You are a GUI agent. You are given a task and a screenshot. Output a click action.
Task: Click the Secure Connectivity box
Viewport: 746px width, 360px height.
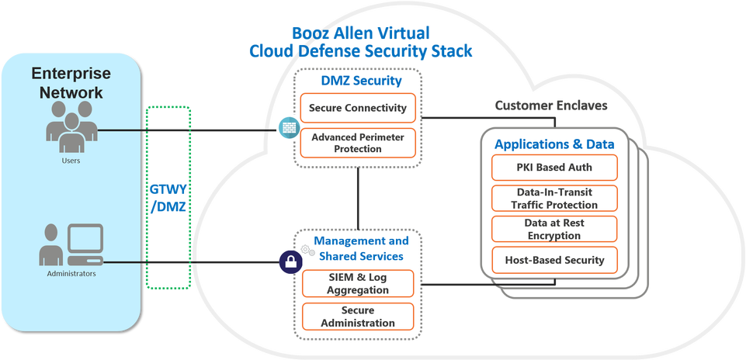coord(358,108)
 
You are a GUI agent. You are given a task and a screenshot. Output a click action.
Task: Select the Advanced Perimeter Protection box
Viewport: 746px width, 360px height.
coord(358,143)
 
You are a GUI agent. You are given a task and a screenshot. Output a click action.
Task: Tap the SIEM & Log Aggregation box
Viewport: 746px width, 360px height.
coord(358,283)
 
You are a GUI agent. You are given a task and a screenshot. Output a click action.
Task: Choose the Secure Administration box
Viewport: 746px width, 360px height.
coord(358,317)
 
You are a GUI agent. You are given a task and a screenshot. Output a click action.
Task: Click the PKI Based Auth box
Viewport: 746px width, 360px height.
coord(554,168)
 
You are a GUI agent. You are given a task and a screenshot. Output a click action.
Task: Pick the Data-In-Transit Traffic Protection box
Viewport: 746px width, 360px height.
coord(554,199)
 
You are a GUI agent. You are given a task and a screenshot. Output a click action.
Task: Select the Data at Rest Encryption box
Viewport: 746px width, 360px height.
coord(554,229)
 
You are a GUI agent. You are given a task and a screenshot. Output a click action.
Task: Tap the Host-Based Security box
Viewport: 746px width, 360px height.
coord(554,260)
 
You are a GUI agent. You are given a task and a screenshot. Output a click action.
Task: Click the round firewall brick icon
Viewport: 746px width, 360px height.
coord(290,128)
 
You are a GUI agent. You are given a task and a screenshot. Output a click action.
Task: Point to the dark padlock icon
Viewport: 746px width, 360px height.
coord(290,262)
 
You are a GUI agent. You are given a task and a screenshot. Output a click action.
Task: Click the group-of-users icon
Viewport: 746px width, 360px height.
coord(72,126)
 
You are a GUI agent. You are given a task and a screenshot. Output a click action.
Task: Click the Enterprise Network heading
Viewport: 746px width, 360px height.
coord(71,83)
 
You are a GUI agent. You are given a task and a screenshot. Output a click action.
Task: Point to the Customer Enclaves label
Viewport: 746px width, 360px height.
coord(551,105)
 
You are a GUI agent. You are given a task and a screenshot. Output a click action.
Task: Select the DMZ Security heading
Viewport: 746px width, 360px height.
coord(361,81)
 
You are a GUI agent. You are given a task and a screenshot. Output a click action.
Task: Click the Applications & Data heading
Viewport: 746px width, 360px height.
coord(554,144)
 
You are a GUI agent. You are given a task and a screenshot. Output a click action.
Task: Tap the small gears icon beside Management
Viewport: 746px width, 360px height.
coord(308,250)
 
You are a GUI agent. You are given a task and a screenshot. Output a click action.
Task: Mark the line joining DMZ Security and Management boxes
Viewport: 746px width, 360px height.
coord(358,199)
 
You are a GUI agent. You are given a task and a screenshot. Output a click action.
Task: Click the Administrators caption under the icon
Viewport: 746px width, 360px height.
coord(71,273)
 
